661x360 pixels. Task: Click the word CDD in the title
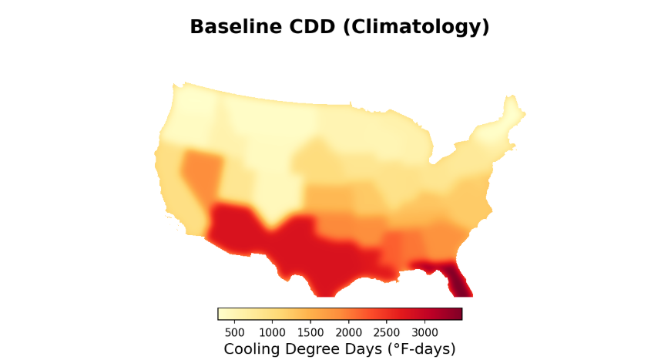pos(312,26)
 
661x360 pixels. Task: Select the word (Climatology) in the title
pos(416,28)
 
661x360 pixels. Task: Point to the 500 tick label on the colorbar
pos(234,332)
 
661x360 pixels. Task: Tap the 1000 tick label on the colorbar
pos(272,332)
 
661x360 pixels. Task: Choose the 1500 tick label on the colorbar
pos(310,332)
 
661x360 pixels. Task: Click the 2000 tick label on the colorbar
pos(349,332)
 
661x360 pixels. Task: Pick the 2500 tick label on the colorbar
pos(387,332)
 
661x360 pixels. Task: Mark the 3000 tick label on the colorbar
pos(424,332)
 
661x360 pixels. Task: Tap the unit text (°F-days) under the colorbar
pos(421,349)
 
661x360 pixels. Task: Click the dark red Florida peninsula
pos(458,281)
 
